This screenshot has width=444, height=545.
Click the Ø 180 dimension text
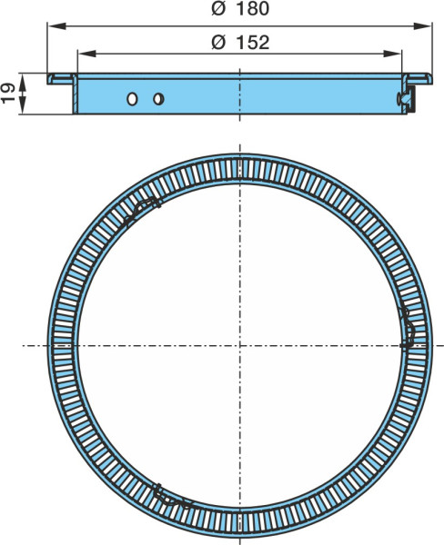coord(240,9)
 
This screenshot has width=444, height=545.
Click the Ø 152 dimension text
coord(240,43)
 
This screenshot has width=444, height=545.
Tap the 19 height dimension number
coord(7,94)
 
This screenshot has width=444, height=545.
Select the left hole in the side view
coord(132,99)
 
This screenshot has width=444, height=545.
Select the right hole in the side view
coord(158,99)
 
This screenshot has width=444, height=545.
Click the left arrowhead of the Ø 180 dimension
coord(56,25)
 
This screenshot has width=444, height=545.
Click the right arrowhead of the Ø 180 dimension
coord(422,25)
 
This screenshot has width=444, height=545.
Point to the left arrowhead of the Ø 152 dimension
coord(86,54)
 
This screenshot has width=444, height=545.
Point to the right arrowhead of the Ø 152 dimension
coord(392,54)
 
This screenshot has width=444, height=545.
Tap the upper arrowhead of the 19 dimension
coord(22,82)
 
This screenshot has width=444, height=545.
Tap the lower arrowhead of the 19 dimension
coord(22,105)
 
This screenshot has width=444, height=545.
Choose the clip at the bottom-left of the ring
coord(171,497)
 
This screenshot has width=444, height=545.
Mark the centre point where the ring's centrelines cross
coord(239,345)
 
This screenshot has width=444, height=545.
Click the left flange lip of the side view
coord(61,79)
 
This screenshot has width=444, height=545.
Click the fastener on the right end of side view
coord(406,99)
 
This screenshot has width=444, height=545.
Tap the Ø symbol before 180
coord(218,9)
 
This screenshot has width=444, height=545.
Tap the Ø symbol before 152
coord(218,43)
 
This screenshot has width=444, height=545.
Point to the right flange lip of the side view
coord(419,79)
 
